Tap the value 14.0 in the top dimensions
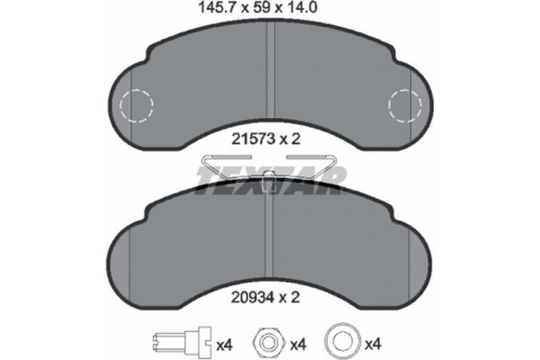click(307, 8)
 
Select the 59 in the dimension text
click(260, 8)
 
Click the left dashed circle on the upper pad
click(136, 107)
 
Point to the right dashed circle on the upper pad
click(404, 107)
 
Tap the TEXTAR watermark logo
click(270, 179)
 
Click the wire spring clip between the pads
click(270, 163)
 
